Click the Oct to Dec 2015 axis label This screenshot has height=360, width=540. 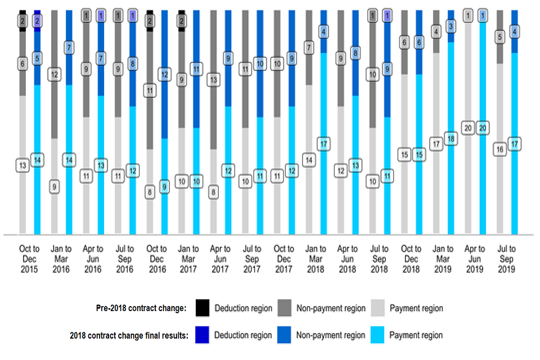tap(29, 259)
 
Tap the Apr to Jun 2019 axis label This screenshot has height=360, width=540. tap(475, 259)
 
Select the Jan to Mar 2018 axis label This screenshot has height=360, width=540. tap(316, 259)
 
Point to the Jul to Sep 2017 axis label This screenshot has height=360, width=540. tap(252, 259)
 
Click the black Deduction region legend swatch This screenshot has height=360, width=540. tap(203, 308)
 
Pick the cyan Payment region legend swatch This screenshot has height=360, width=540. tap(377, 335)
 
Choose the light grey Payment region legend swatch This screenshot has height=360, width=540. tap(377, 308)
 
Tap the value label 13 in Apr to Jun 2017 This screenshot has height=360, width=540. tap(214, 80)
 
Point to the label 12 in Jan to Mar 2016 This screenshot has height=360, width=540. tap(54, 74)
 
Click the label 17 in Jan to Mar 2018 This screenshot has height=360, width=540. tap(324, 144)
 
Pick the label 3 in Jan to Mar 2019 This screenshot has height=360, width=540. tap(451, 26)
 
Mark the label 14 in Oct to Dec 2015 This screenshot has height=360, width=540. tap(37, 160)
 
